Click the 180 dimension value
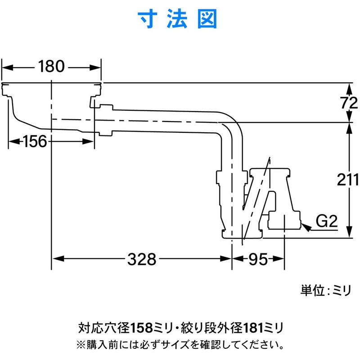click(51, 67)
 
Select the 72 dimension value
click(347, 103)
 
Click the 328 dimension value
click(142, 259)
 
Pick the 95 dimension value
click(258, 259)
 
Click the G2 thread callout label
click(326, 221)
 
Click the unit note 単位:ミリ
click(325, 292)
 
